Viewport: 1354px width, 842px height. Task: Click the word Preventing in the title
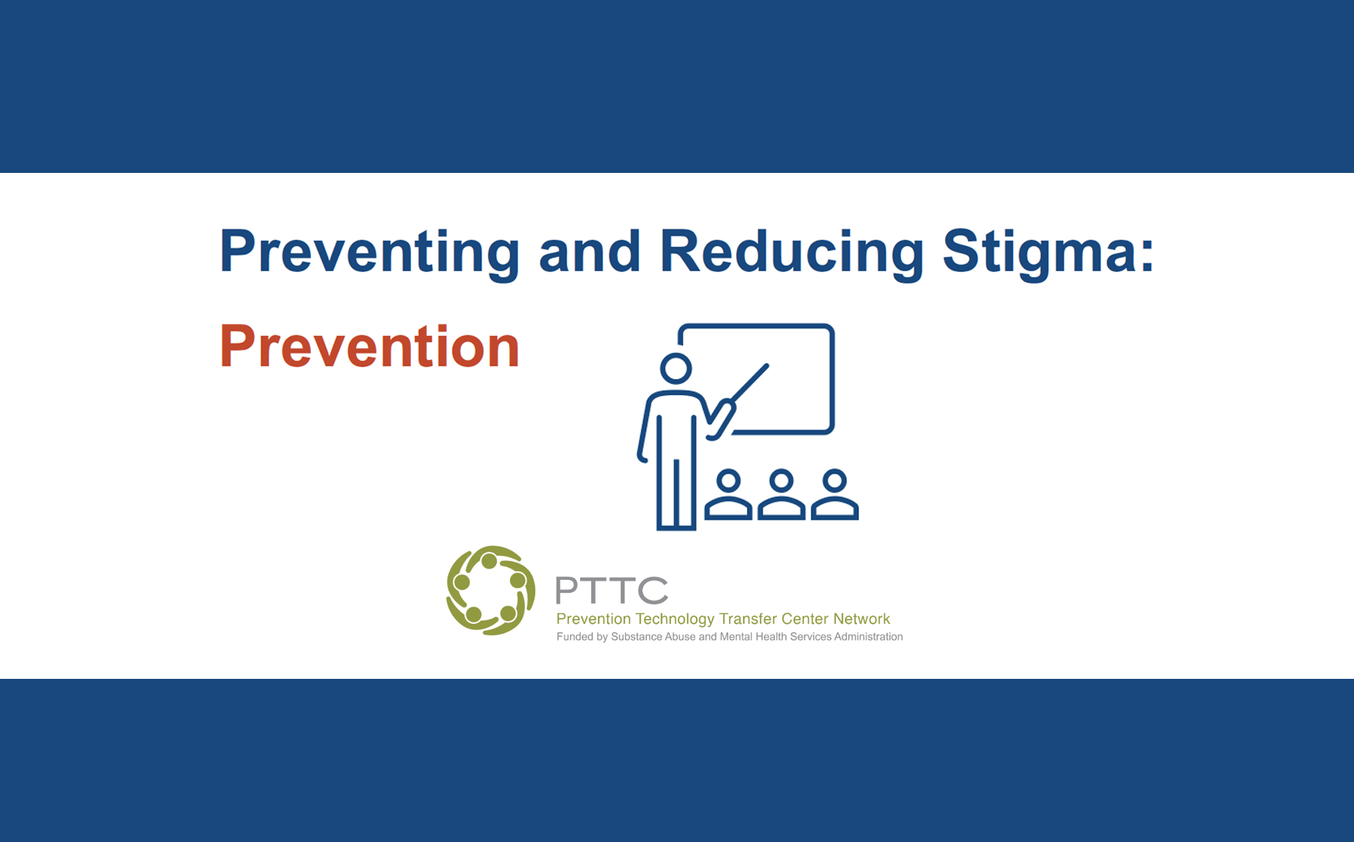[369, 253]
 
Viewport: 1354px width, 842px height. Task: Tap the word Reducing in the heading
[791, 253]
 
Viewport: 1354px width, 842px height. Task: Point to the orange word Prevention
[369, 347]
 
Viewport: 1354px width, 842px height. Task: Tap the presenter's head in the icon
[675, 368]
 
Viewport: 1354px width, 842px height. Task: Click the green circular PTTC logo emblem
[490, 590]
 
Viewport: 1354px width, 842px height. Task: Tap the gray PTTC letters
[612, 591]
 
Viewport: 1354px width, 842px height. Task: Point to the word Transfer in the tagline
[748, 619]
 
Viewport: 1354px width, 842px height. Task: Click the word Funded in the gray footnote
[574, 637]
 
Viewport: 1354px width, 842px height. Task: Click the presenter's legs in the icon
[675, 492]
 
